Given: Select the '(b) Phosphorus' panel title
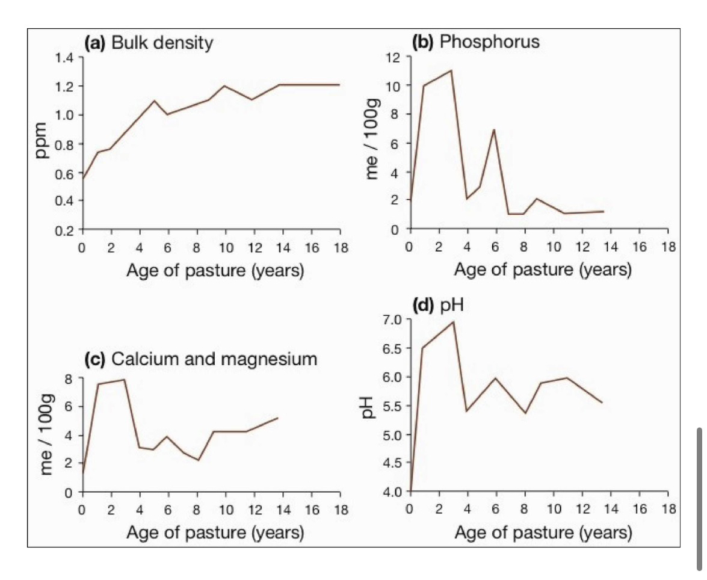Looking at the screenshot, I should (475, 42).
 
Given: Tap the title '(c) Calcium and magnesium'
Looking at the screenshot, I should (200, 360).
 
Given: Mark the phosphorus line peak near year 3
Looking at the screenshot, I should (451, 70).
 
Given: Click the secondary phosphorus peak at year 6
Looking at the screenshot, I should (494, 129).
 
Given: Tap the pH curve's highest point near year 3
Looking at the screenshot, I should (453, 322).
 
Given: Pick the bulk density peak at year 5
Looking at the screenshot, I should (154, 100).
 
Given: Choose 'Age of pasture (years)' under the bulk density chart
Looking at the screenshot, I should (215, 271).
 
